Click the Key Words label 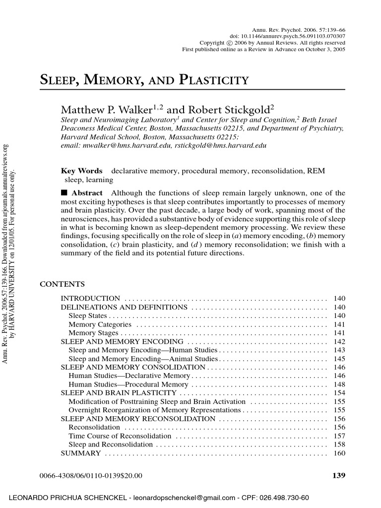point(81,171)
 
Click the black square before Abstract point(64,193)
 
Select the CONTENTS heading point(62,284)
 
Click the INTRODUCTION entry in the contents point(90,299)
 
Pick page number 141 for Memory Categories point(339,324)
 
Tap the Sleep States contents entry point(87,316)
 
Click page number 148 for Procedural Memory point(339,384)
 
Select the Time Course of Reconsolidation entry point(120,436)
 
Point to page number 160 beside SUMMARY point(339,453)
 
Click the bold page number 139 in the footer point(338,476)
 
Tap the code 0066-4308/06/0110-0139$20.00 point(91,476)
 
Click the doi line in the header point(287,36)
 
